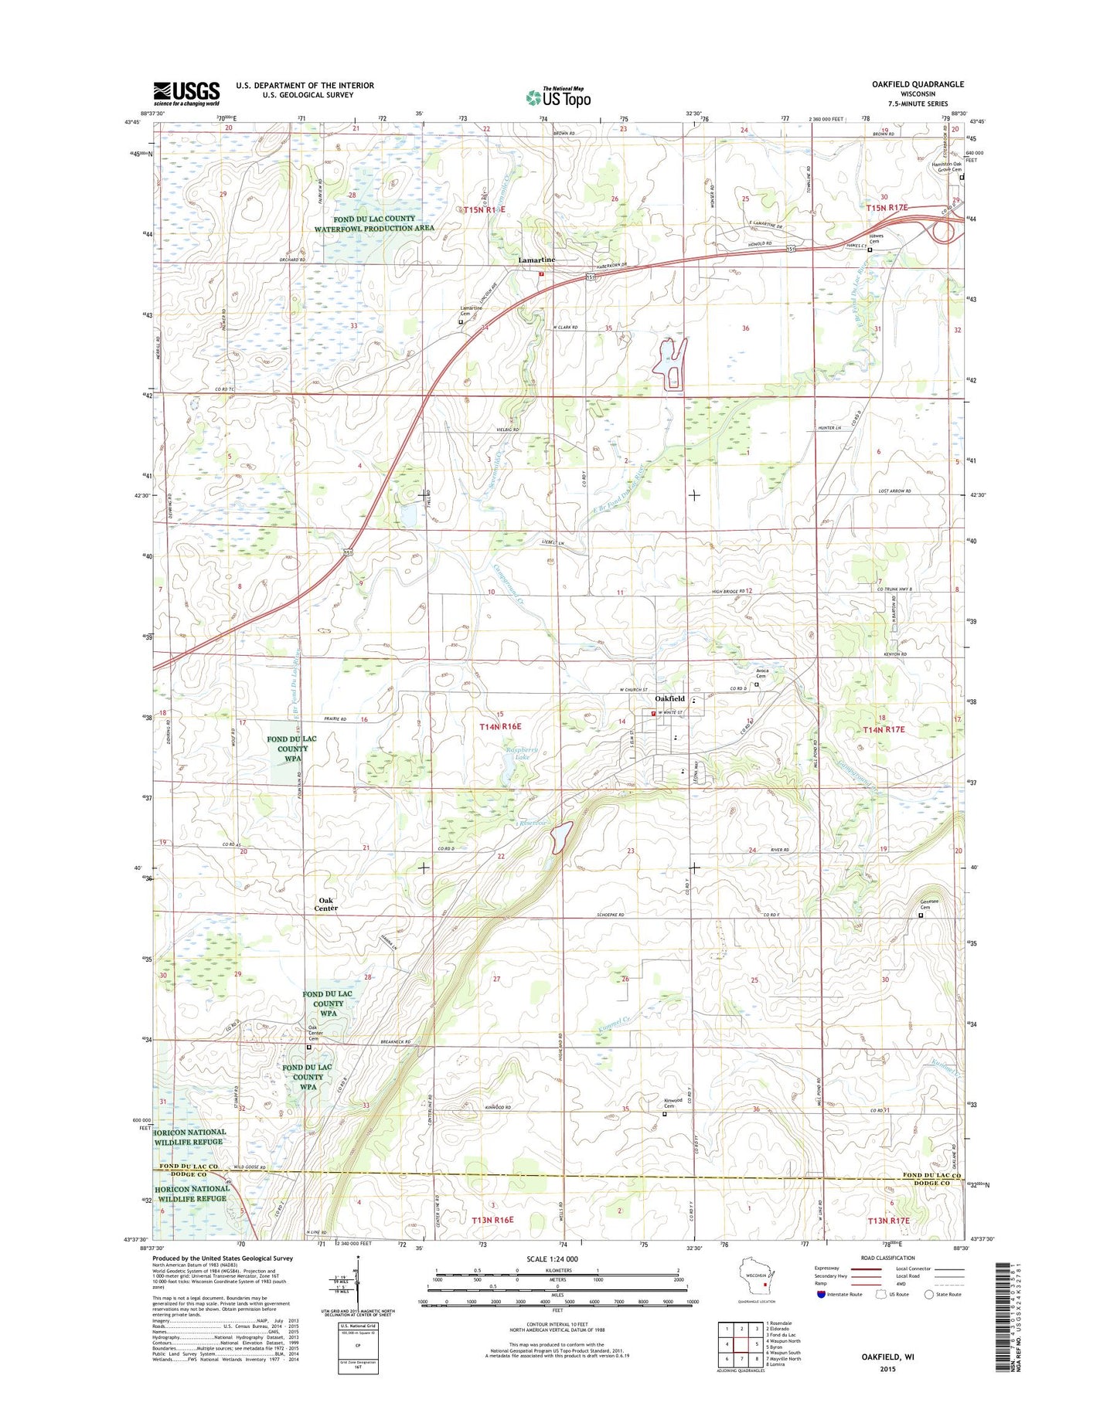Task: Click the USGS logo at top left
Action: point(186,93)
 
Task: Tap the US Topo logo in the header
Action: point(558,97)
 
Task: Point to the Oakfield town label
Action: point(670,698)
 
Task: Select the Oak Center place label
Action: point(326,904)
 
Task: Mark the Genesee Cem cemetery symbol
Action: point(921,915)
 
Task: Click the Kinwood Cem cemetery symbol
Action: point(664,1114)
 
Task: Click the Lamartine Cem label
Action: point(471,311)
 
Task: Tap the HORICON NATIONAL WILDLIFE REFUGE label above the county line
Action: point(190,1136)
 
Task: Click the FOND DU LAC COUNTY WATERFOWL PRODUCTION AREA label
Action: point(374,223)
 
